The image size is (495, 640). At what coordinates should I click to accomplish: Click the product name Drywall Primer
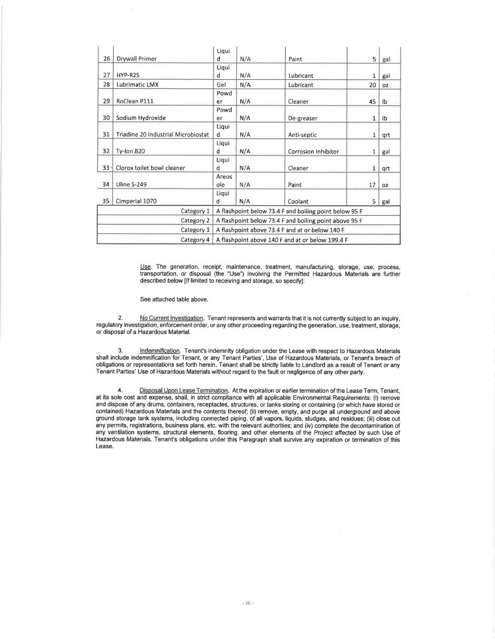click(x=137, y=59)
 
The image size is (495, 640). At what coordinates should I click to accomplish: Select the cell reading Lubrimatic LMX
click(x=137, y=85)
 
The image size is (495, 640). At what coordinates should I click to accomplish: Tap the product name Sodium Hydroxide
click(x=141, y=118)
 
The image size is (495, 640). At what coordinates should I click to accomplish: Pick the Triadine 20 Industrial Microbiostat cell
click(x=162, y=135)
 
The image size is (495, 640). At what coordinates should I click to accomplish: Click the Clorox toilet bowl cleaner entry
click(x=151, y=168)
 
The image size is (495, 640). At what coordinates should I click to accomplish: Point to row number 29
click(x=107, y=101)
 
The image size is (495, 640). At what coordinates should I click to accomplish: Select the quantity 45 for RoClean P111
click(x=372, y=101)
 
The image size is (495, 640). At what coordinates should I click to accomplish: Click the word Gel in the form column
click(x=221, y=85)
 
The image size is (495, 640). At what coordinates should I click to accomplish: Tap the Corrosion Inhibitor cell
click(x=313, y=151)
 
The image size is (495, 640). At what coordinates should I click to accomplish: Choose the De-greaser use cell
click(x=303, y=118)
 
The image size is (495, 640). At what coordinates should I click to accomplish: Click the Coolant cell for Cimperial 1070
click(x=298, y=202)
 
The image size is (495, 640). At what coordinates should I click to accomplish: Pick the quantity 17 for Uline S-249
click(x=372, y=185)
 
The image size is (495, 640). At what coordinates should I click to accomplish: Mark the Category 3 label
click(x=195, y=230)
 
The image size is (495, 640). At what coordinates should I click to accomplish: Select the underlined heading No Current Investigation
click(x=171, y=318)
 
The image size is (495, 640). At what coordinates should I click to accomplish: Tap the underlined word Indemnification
click(x=160, y=351)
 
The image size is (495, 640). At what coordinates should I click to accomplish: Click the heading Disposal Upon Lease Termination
click(x=183, y=391)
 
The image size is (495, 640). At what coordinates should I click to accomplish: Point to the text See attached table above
click(x=174, y=299)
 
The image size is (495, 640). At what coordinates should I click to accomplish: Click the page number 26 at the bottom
click(x=247, y=603)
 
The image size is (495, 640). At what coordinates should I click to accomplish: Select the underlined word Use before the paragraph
click(x=145, y=267)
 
